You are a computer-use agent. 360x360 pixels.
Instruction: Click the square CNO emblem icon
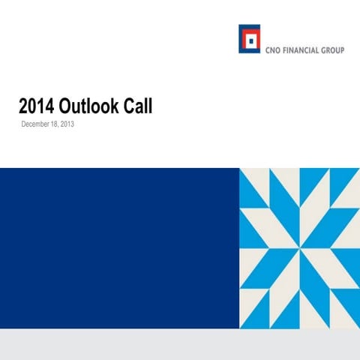(x=249, y=39)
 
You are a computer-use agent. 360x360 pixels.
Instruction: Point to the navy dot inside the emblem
(x=249, y=40)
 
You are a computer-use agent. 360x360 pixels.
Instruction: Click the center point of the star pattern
(x=299, y=248)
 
